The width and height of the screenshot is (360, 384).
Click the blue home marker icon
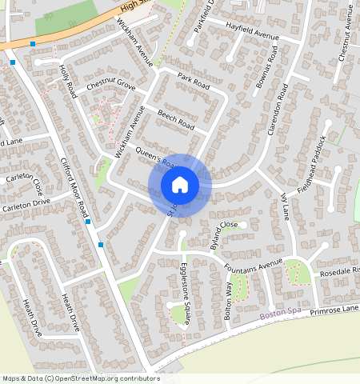click(180, 185)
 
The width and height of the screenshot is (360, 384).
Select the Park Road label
click(194, 82)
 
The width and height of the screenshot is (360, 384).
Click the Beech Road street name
click(176, 120)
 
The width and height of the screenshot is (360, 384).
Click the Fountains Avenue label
click(254, 265)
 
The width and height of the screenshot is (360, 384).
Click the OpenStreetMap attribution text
click(81, 378)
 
